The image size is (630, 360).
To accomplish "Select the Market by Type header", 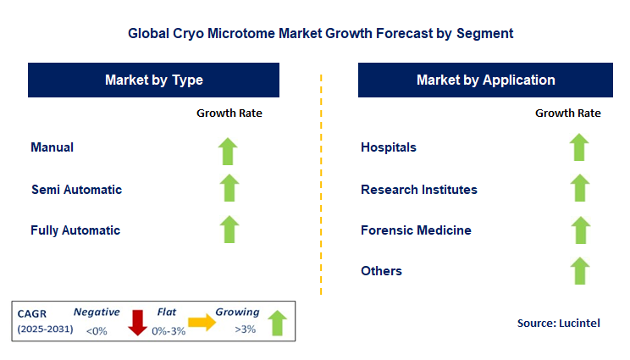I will tap(154, 80).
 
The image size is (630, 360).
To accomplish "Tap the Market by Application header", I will tap(485, 80).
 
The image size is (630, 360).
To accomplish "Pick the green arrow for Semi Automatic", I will tap(229, 188).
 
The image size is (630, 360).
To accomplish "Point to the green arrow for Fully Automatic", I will tap(229, 230).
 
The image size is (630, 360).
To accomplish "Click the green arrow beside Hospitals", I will tap(578, 147).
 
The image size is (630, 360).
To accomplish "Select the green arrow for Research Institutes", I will tap(578, 188).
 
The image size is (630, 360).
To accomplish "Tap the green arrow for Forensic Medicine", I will tap(578, 230).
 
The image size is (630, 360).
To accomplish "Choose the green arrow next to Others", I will tap(578, 271).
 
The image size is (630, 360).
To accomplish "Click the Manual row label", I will tap(52, 147).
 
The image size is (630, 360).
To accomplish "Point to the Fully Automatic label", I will tap(75, 230).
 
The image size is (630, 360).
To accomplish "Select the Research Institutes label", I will tap(418, 190).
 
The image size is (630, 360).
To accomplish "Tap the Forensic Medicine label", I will tap(416, 230).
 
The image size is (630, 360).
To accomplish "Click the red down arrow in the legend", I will tap(136, 321).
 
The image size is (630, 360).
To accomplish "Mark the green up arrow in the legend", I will tap(275, 321).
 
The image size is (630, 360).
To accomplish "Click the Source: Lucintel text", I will tap(559, 324).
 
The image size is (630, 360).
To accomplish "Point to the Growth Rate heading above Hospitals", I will tap(567, 113).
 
